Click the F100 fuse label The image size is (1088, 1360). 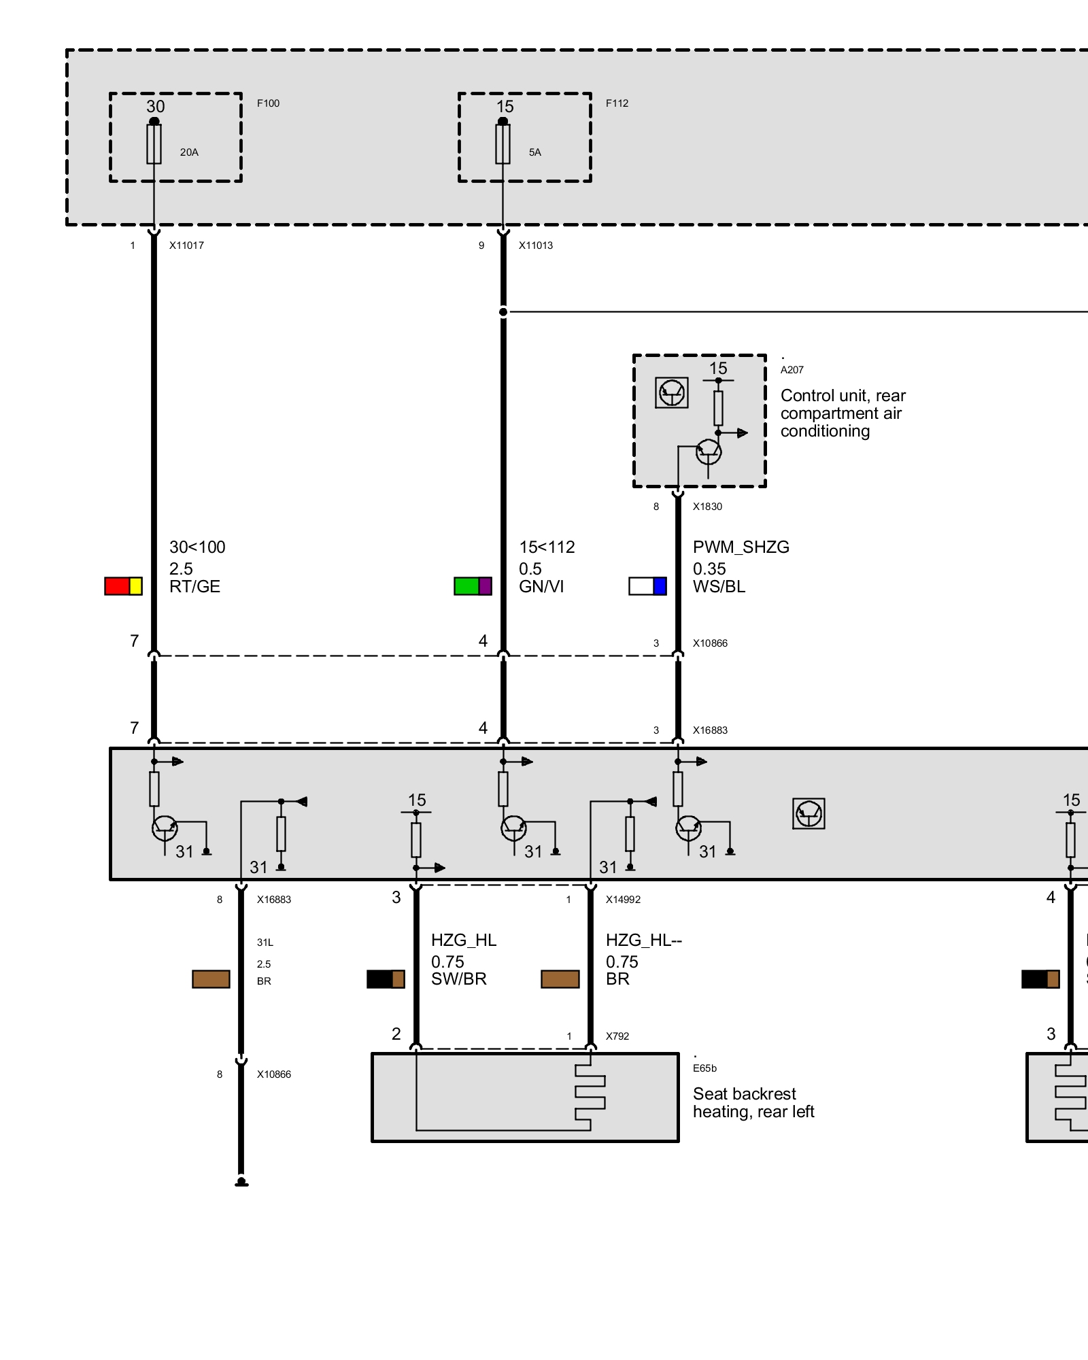(x=268, y=103)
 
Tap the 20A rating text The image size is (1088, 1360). (x=189, y=152)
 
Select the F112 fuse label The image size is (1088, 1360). (x=617, y=103)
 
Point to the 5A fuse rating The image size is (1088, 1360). (x=535, y=152)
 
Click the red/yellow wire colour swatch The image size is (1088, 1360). (x=123, y=586)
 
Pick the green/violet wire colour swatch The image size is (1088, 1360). (x=473, y=586)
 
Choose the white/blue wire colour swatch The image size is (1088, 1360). (x=647, y=586)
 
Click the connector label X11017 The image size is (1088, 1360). (x=186, y=245)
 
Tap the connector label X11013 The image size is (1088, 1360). (x=536, y=245)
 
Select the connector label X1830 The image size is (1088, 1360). (x=707, y=507)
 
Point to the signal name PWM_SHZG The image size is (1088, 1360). (x=741, y=547)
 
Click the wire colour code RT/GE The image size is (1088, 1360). (x=194, y=587)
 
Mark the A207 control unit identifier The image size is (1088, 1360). (x=792, y=370)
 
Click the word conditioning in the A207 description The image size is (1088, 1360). (x=825, y=432)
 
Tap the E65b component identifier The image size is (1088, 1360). (x=704, y=1068)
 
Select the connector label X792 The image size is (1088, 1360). (x=617, y=1036)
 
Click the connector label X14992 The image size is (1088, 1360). (x=623, y=900)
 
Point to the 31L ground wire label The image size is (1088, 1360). (x=265, y=942)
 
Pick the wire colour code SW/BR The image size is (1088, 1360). (x=459, y=979)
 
